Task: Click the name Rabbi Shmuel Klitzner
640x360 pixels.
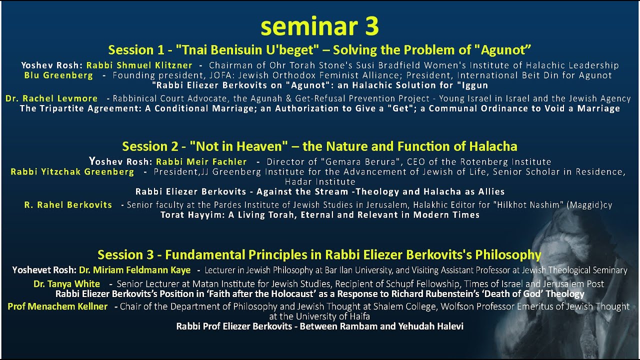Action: pyautogui.click(x=139, y=65)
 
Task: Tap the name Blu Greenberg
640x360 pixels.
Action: pyautogui.click(x=58, y=75)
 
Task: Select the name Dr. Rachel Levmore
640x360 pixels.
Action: pyautogui.click(x=52, y=98)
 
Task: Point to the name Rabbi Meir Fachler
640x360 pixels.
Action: pyautogui.click(x=201, y=161)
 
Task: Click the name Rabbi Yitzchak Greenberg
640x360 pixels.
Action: pyautogui.click(x=72, y=172)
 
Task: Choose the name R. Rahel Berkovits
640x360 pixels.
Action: pyautogui.click(x=68, y=205)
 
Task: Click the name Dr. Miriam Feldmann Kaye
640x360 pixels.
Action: pyautogui.click(x=134, y=270)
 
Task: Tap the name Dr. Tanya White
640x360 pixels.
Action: pyautogui.click(x=66, y=284)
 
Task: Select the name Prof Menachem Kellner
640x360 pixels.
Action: pyautogui.click(x=57, y=306)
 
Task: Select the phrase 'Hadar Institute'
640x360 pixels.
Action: pyautogui.click(x=319, y=181)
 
